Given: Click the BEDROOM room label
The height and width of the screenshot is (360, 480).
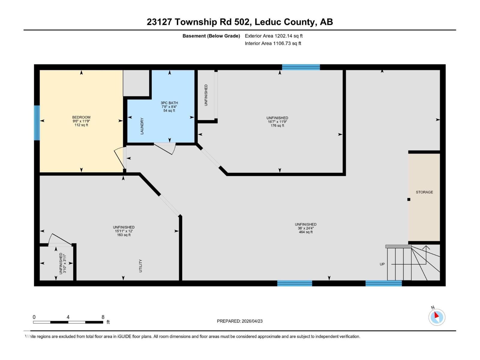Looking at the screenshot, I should (81, 117).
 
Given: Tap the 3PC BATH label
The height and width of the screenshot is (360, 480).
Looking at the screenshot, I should (169, 103).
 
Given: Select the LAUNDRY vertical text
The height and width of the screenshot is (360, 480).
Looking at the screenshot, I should (142, 126).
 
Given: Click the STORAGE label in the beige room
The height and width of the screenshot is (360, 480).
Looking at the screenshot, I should (424, 192).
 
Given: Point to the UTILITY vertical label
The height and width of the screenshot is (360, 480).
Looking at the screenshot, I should (140, 266).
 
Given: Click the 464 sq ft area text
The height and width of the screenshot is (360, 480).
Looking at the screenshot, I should (305, 232).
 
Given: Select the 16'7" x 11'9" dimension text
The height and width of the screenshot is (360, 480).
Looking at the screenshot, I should (277, 122).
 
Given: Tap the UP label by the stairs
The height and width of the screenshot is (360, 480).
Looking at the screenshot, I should (382, 264).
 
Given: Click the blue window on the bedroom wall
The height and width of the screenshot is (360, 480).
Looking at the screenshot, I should (37, 123).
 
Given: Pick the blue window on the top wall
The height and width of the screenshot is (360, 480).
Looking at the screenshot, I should (301, 67).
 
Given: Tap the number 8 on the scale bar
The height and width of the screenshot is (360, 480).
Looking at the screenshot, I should (103, 317).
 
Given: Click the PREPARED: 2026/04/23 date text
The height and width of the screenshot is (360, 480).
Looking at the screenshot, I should (240, 321).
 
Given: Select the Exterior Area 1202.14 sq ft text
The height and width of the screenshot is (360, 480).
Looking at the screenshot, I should (274, 36).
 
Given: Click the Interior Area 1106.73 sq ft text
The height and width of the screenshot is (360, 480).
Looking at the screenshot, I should (273, 43).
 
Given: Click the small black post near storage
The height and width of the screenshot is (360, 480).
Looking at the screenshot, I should (409, 199).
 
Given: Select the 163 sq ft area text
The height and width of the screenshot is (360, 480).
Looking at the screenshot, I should (124, 235).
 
